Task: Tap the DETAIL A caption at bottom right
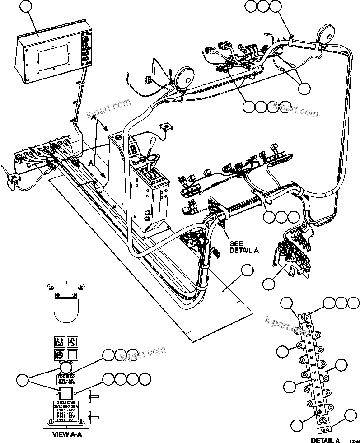coord(325,440)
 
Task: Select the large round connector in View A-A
coord(66,366)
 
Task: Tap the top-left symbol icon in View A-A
coord(59,340)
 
